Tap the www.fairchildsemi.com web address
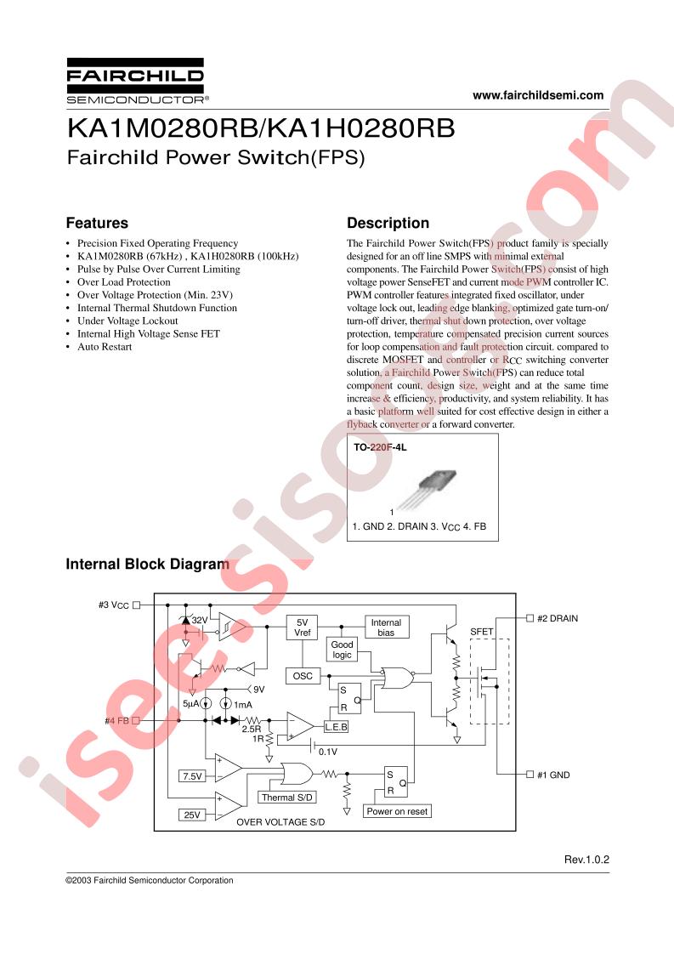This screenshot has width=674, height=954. [x=538, y=95]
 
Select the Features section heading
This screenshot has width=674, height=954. [x=97, y=223]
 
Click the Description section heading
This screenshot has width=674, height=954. [x=388, y=223]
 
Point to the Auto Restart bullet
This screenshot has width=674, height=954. [x=104, y=347]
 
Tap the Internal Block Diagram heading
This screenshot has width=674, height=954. [x=147, y=564]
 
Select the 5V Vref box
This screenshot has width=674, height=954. [x=303, y=627]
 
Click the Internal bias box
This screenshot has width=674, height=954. [x=386, y=627]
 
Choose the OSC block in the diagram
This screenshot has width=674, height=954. [x=303, y=676]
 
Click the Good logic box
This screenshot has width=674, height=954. [x=342, y=650]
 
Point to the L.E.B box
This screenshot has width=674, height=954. [x=336, y=727]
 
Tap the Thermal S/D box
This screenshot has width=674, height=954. [x=287, y=798]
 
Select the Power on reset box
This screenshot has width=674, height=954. [x=397, y=811]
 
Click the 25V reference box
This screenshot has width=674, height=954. [x=192, y=815]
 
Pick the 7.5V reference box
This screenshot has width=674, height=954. [x=192, y=776]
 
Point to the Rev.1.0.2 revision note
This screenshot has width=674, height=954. [x=586, y=859]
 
